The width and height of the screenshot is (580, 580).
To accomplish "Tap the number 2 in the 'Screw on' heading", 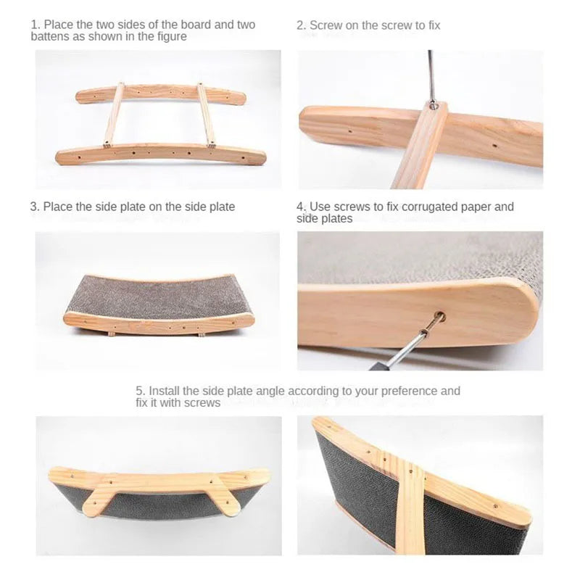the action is [x=300, y=25].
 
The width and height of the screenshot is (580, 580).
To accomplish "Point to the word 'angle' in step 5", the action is [x=270, y=391].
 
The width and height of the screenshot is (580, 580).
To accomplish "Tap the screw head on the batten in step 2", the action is [x=432, y=107].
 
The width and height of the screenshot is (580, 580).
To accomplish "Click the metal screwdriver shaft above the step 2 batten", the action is [x=430, y=76].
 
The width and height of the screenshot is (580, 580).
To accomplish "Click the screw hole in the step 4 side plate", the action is [x=439, y=317].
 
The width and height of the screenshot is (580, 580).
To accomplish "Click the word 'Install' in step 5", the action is [x=164, y=391].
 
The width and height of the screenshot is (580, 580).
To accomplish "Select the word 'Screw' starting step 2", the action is [x=325, y=25].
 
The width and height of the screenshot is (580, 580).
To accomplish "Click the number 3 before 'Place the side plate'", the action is [x=33, y=207].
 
